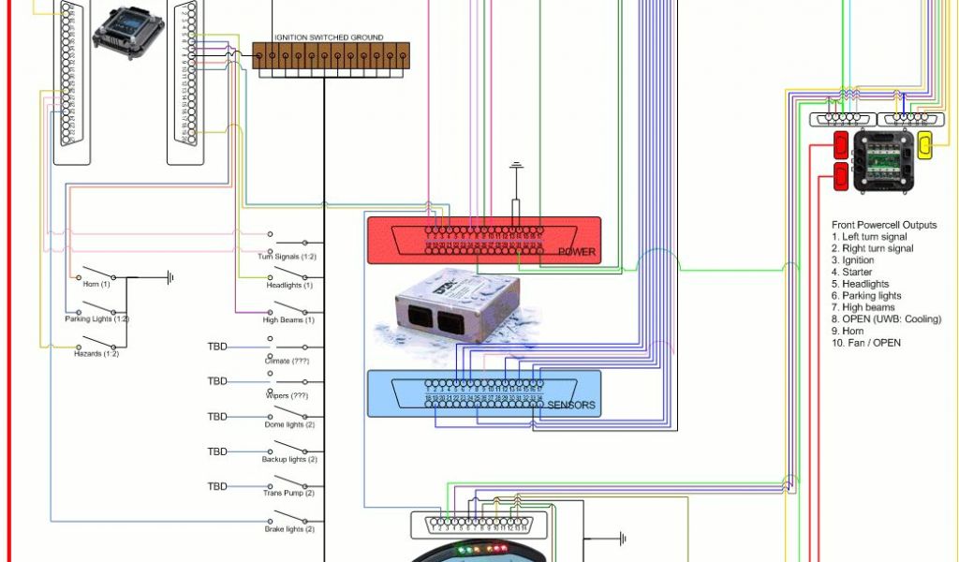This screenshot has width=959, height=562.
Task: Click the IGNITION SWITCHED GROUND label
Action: click(329, 37)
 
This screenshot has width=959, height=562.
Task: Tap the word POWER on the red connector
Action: click(576, 252)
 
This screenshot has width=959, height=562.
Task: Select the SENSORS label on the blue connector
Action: click(571, 406)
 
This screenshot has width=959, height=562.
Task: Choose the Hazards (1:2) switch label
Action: click(96, 354)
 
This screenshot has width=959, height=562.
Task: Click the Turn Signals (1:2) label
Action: click(288, 257)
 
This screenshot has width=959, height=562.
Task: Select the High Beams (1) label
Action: click(288, 320)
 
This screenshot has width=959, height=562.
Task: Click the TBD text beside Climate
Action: click(217, 347)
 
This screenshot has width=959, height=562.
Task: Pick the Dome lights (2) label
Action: click(289, 425)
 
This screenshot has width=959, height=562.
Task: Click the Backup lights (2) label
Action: click(289, 460)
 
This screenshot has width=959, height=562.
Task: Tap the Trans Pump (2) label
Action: click(288, 494)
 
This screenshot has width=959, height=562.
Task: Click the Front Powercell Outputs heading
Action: click(884, 226)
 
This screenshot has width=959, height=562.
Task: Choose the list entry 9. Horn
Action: click(848, 331)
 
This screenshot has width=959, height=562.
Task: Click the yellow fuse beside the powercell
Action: click(924, 146)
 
